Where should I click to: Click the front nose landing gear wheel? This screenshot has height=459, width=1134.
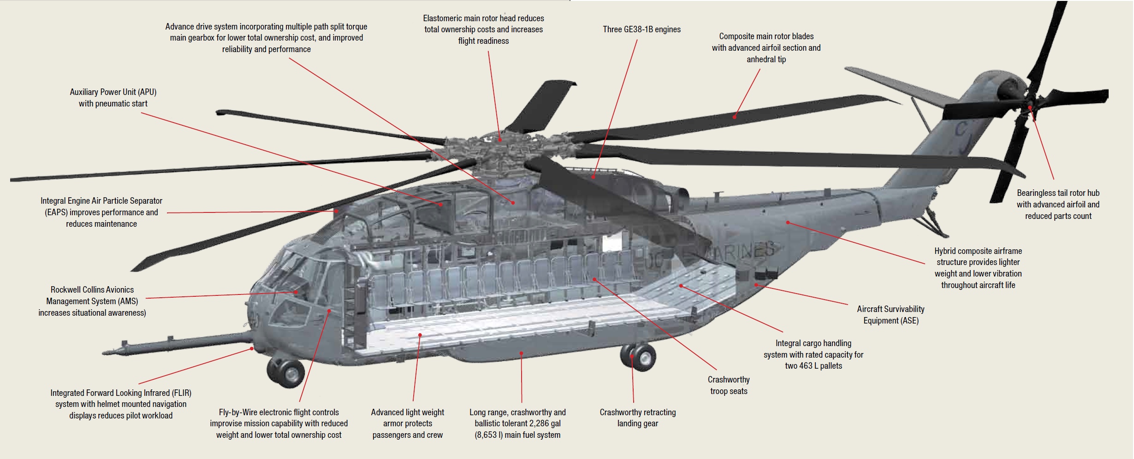(285, 372)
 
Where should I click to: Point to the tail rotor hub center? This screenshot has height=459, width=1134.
(1029, 108)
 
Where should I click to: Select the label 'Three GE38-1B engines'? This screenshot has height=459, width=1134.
(641, 29)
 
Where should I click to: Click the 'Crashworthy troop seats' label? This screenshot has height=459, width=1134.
(729, 385)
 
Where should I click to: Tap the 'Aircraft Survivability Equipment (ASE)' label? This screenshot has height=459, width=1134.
(891, 315)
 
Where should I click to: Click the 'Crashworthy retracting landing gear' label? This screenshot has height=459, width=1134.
(638, 418)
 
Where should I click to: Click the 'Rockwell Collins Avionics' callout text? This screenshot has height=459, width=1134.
(92, 290)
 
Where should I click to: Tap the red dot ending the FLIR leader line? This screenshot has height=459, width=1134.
(252, 349)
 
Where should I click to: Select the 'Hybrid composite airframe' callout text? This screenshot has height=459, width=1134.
(978, 251)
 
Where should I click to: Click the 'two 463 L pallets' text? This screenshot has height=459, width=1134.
(813, 366)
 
